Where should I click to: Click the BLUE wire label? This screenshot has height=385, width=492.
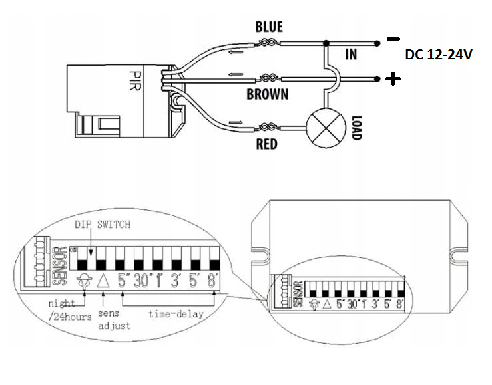tap(269, 27)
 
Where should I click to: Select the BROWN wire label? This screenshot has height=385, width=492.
tap(267, 94)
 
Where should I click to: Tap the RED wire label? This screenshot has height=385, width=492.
tap(266, 143)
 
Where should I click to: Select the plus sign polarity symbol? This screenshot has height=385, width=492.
tap(394, 80)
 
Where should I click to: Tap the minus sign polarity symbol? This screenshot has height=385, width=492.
tap(393, 39)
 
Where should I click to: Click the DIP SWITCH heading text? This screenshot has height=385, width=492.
tap(101, 225)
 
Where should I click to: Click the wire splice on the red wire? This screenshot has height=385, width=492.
tap(268, 126)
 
